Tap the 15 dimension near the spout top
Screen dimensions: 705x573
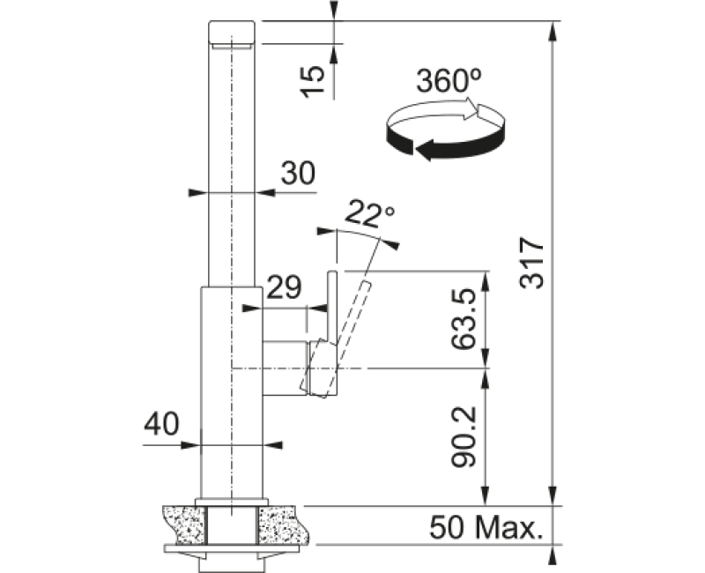click(x=313, y=81)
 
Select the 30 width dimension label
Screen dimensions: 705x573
click(x=298, y=173)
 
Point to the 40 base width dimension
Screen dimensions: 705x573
click(x=161, y=423)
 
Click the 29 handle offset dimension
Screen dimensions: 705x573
click(x=284, y=287)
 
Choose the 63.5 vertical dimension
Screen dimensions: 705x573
click(x=464, y=319)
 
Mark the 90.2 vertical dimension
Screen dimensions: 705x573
click(x=464, y=436)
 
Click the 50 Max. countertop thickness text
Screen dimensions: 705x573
click(x=486, y=527)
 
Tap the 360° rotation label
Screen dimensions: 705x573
click(x=449, y=81)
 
